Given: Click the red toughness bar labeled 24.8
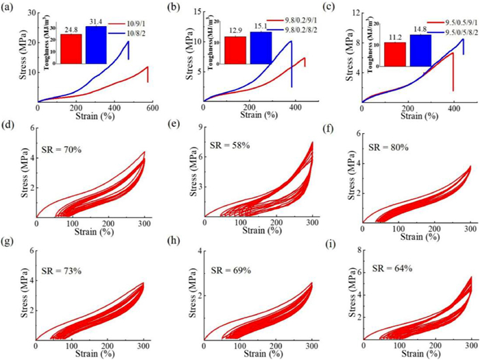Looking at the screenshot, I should [71, 45].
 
